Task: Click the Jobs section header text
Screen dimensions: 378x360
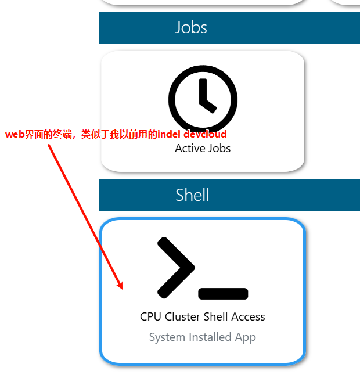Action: [x=191, y=27]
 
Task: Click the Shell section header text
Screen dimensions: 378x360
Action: [x=192, y=195]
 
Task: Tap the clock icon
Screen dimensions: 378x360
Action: [x=203, y=99]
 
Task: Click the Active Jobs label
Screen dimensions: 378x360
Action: [x=203, y=149]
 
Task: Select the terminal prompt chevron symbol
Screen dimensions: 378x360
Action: [x=174, y=267]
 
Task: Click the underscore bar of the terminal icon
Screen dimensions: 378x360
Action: [x=223, y=294]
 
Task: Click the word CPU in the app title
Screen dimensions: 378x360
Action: [x=150, y=317]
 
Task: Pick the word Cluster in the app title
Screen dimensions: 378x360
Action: [x=183, y=317]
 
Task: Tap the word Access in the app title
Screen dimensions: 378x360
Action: [x=248, y=317]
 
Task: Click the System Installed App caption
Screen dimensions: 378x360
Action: [x=202, y=337]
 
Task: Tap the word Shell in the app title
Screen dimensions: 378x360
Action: [x=217, y=317]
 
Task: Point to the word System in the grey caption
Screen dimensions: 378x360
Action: [x=166, y=337]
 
